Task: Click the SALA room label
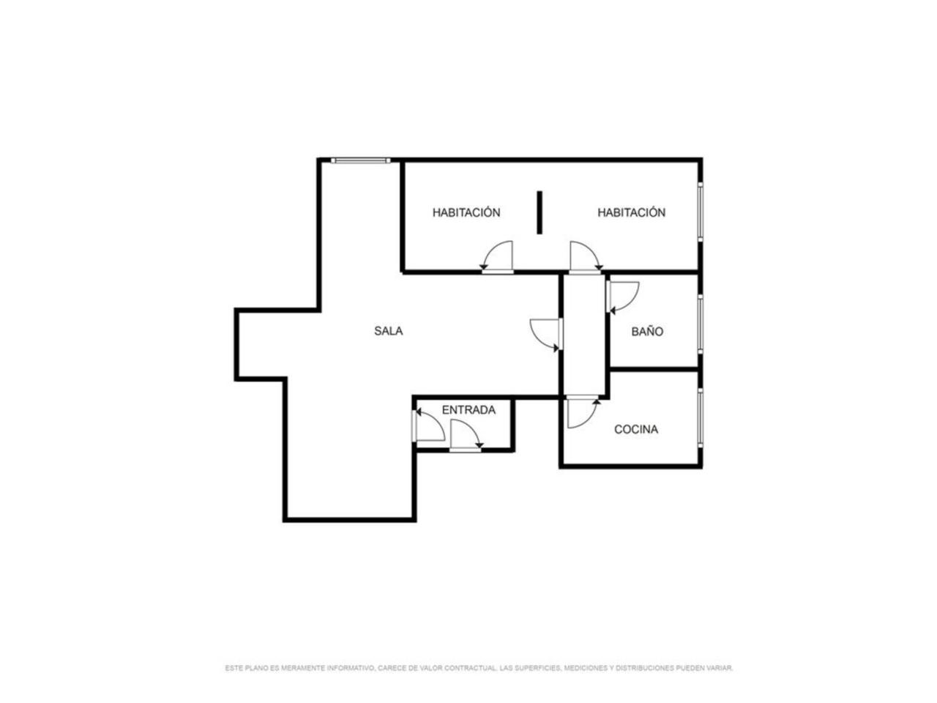click(x=388, y=331)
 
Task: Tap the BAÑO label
click(x=646, y=331)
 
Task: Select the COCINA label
click(x=635, y=429)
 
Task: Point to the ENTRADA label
click(x=468, y=410)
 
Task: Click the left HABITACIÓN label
click(x=466, y=212)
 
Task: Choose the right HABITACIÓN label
click(x=631, y=212)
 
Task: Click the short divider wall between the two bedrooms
click(x=540, y=212)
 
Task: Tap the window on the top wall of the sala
click(x=360, y=160)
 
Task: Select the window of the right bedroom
click(x=700, y=212)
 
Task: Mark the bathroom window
click(x=700, y=324)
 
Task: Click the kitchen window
click(x=700, y=417)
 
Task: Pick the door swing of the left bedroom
click(x=497, y=256)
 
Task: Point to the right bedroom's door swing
click(x=585, y=256)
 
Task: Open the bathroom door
click(x=622, y=297)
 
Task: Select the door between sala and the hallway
click(x=546, y=335)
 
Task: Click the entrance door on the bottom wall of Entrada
click(x=466, y=435)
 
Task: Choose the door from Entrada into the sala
click(x=428, y=425)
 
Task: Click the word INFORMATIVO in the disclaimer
click(x=351, y=668)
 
